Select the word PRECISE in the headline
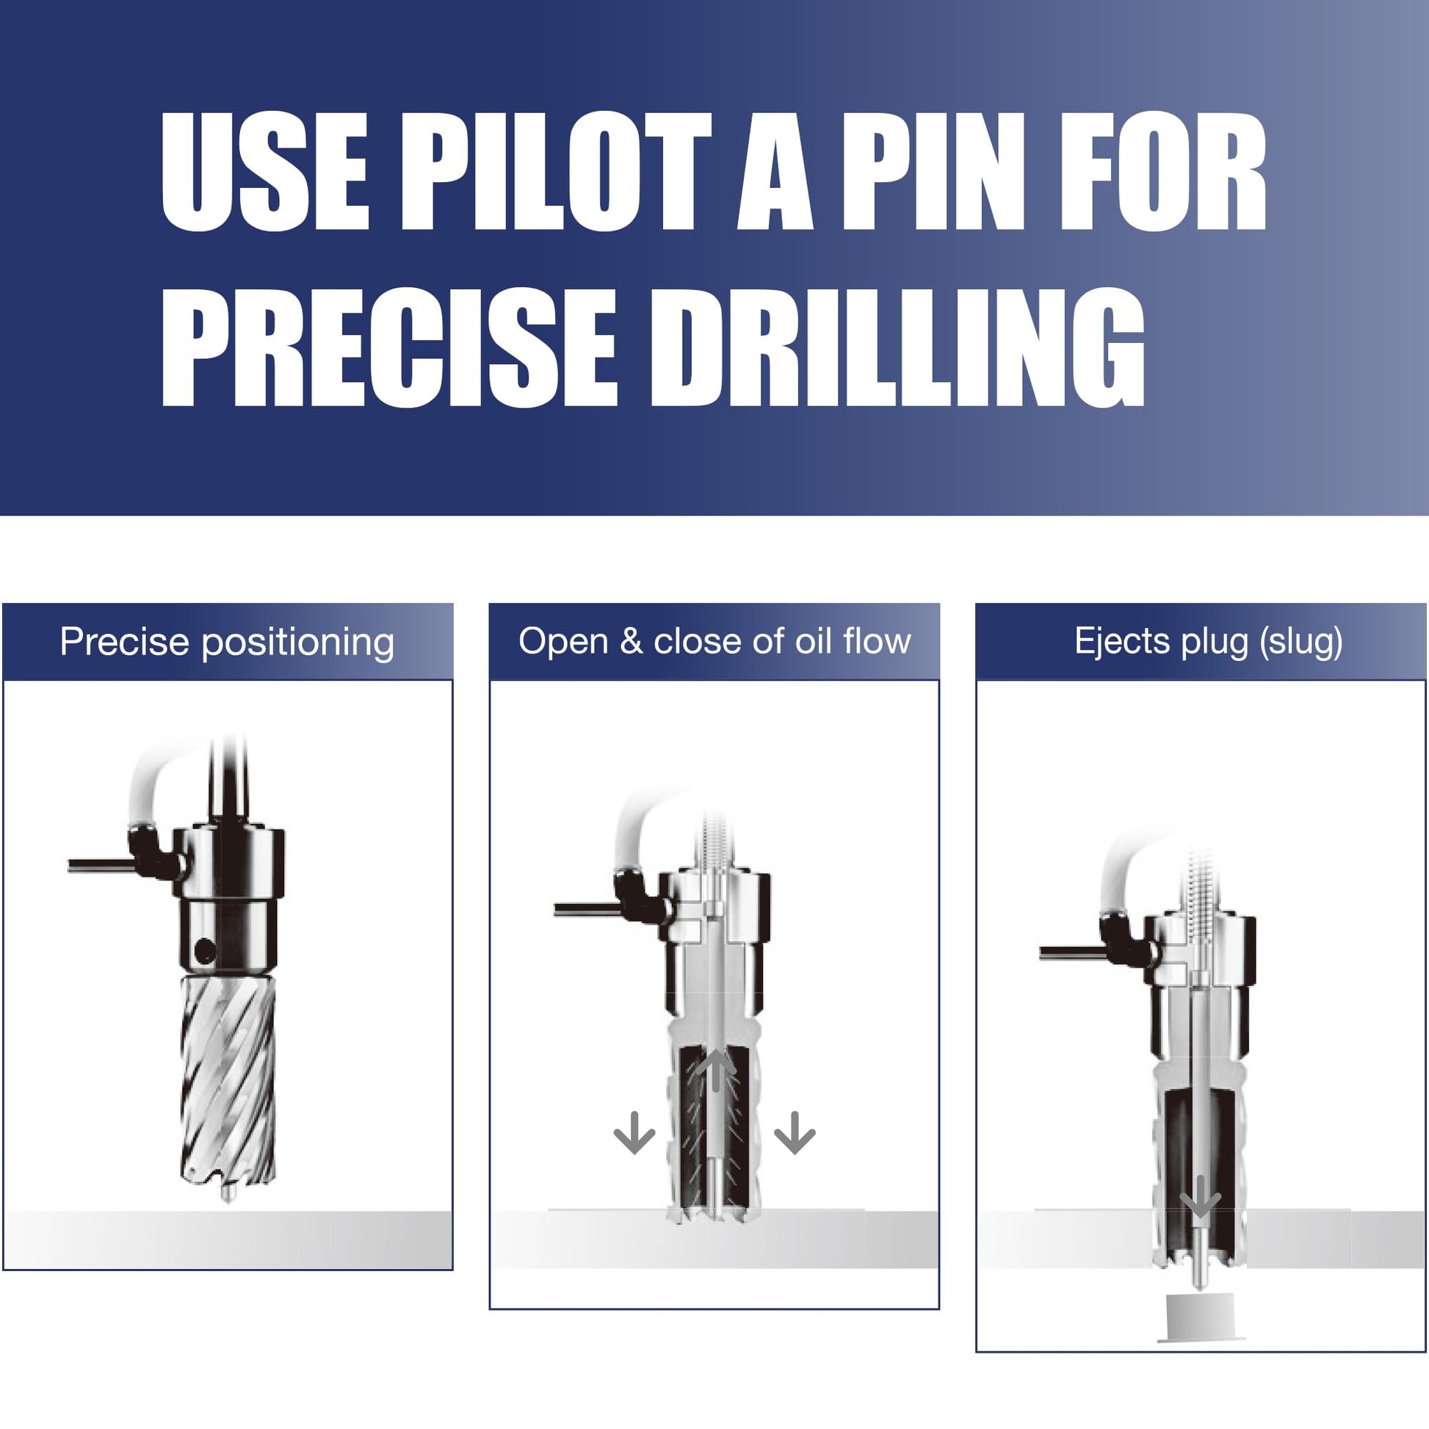[389, 347]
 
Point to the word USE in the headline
[264, 172]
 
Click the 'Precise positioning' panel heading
[227, 642]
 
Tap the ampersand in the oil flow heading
[631, 641]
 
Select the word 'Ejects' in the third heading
[1123, 641]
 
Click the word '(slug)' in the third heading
[1302, 642]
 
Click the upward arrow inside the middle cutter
[716, 1070]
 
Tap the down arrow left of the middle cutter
[634, 1132]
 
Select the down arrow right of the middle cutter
[795, 1132]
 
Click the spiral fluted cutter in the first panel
[228, 1080]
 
